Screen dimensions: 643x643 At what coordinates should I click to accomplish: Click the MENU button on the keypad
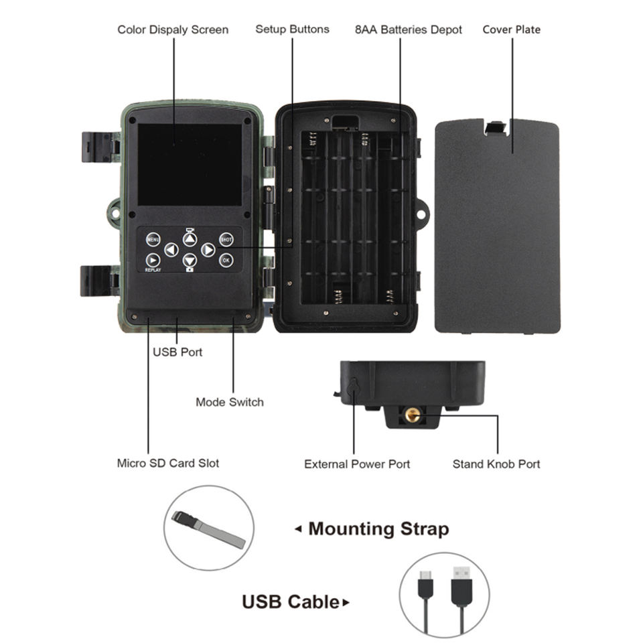coord(153,239)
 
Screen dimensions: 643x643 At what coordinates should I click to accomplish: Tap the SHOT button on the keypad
coord(226,239)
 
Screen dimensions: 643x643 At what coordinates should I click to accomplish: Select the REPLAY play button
coord(153,260)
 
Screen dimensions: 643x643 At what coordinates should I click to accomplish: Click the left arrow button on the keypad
coord(171,250)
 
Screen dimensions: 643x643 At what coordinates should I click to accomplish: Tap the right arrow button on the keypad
coord(208,250)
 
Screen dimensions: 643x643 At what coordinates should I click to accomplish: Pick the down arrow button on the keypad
coord(190,260)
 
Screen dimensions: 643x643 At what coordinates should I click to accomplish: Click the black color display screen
coord(190,165)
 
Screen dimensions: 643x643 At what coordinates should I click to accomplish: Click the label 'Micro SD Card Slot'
coord(168,463)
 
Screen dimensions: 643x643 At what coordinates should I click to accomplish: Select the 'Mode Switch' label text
coord(230,402)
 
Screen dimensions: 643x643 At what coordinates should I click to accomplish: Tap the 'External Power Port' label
coord(357,463)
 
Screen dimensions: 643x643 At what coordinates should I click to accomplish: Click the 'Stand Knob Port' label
coord(496,463)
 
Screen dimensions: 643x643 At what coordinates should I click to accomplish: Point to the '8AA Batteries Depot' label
coord(409,29)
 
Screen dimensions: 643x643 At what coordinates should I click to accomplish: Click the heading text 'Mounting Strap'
coord(378,528)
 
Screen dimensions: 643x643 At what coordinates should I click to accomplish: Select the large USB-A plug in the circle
coord(461,582)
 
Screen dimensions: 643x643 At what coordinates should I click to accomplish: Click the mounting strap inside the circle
coord(208,528)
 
